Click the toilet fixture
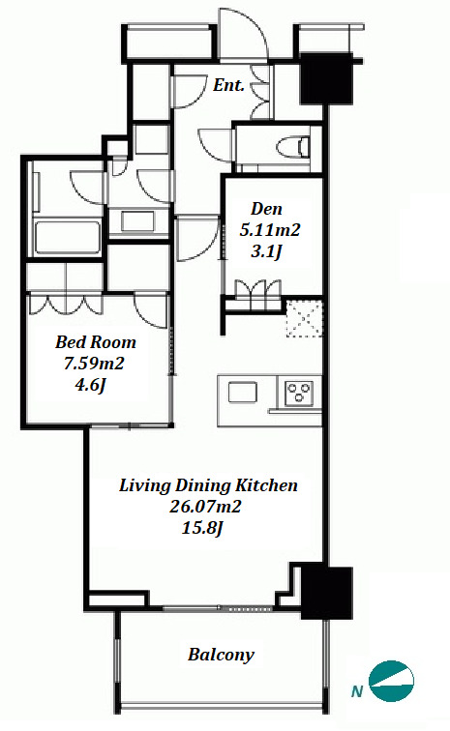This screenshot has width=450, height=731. tap(293, 146)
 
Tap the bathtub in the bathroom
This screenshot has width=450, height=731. tap(68, 238)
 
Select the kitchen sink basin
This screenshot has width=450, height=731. tap(242, 392)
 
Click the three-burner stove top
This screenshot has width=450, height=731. tap(299, 393)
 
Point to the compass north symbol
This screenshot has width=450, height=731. tap(391, 681)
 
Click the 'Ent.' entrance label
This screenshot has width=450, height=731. tap(228, 85)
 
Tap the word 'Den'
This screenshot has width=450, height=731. tap(266, 209)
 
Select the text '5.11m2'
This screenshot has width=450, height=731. tap(270, 230)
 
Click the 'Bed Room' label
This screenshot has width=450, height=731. tap(96, 342)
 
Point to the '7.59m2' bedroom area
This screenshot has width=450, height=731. tap(94, 364)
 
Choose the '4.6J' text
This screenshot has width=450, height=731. tap(91, 385)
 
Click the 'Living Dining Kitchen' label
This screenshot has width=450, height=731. tap(208, 485)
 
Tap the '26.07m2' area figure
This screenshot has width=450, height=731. tap(205, 507)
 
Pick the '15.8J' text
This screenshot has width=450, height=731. tap(203, 528)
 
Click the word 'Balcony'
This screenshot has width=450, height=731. tap(222, 655)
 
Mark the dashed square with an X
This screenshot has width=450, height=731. tap(304, 318)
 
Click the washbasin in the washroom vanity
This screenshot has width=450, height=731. tap(137, 221)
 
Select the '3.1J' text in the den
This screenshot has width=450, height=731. tap(266, 251)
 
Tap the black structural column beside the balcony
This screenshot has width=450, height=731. tap(326, 593)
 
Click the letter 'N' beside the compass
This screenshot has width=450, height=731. tap(357, 691)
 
